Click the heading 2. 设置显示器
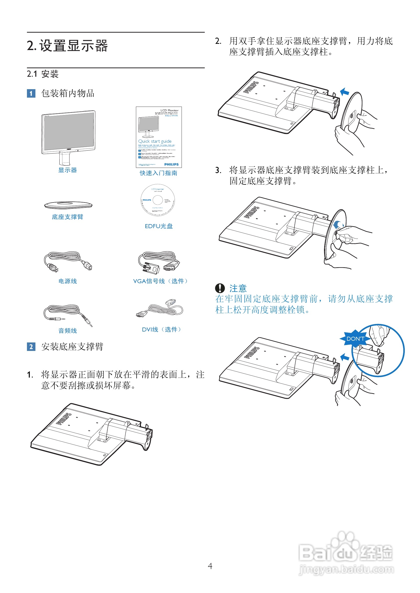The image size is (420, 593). (67, 46)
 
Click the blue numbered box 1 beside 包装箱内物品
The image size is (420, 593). (31, 93)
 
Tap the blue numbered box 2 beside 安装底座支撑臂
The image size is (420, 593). (31, 347)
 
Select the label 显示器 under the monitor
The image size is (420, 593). (68, 170)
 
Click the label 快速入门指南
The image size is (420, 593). (159, 173)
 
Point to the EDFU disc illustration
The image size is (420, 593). (158, 200)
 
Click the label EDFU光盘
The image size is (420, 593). (159, 226)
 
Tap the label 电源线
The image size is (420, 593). (68, 281)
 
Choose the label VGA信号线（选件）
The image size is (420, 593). (160, 281)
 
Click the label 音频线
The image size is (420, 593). (68, 331)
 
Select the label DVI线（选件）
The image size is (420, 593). (161, 329)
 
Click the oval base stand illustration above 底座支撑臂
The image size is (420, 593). (68, 205)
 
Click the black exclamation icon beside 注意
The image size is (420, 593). (220, 288)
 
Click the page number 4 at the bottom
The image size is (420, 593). (210, 566)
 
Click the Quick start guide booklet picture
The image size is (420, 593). (159, 137)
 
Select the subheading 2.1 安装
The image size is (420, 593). (43, 74)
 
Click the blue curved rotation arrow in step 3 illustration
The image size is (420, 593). (337, 224)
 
